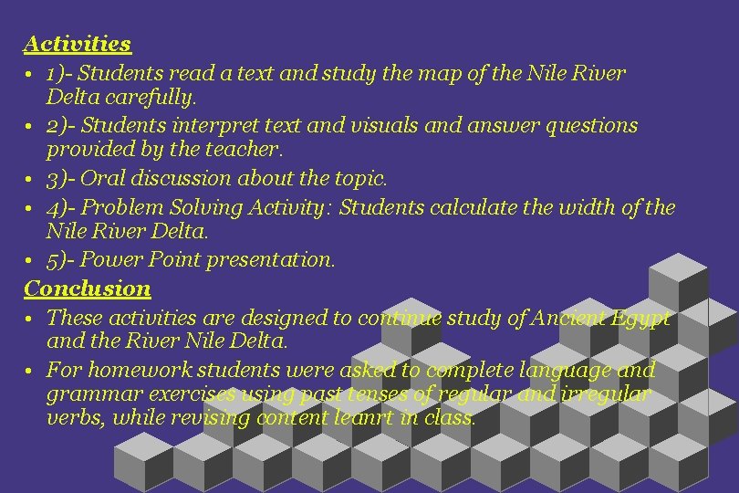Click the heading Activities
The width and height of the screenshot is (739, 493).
78,43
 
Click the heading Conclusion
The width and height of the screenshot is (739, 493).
88,288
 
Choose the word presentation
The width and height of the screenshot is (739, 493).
271,259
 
